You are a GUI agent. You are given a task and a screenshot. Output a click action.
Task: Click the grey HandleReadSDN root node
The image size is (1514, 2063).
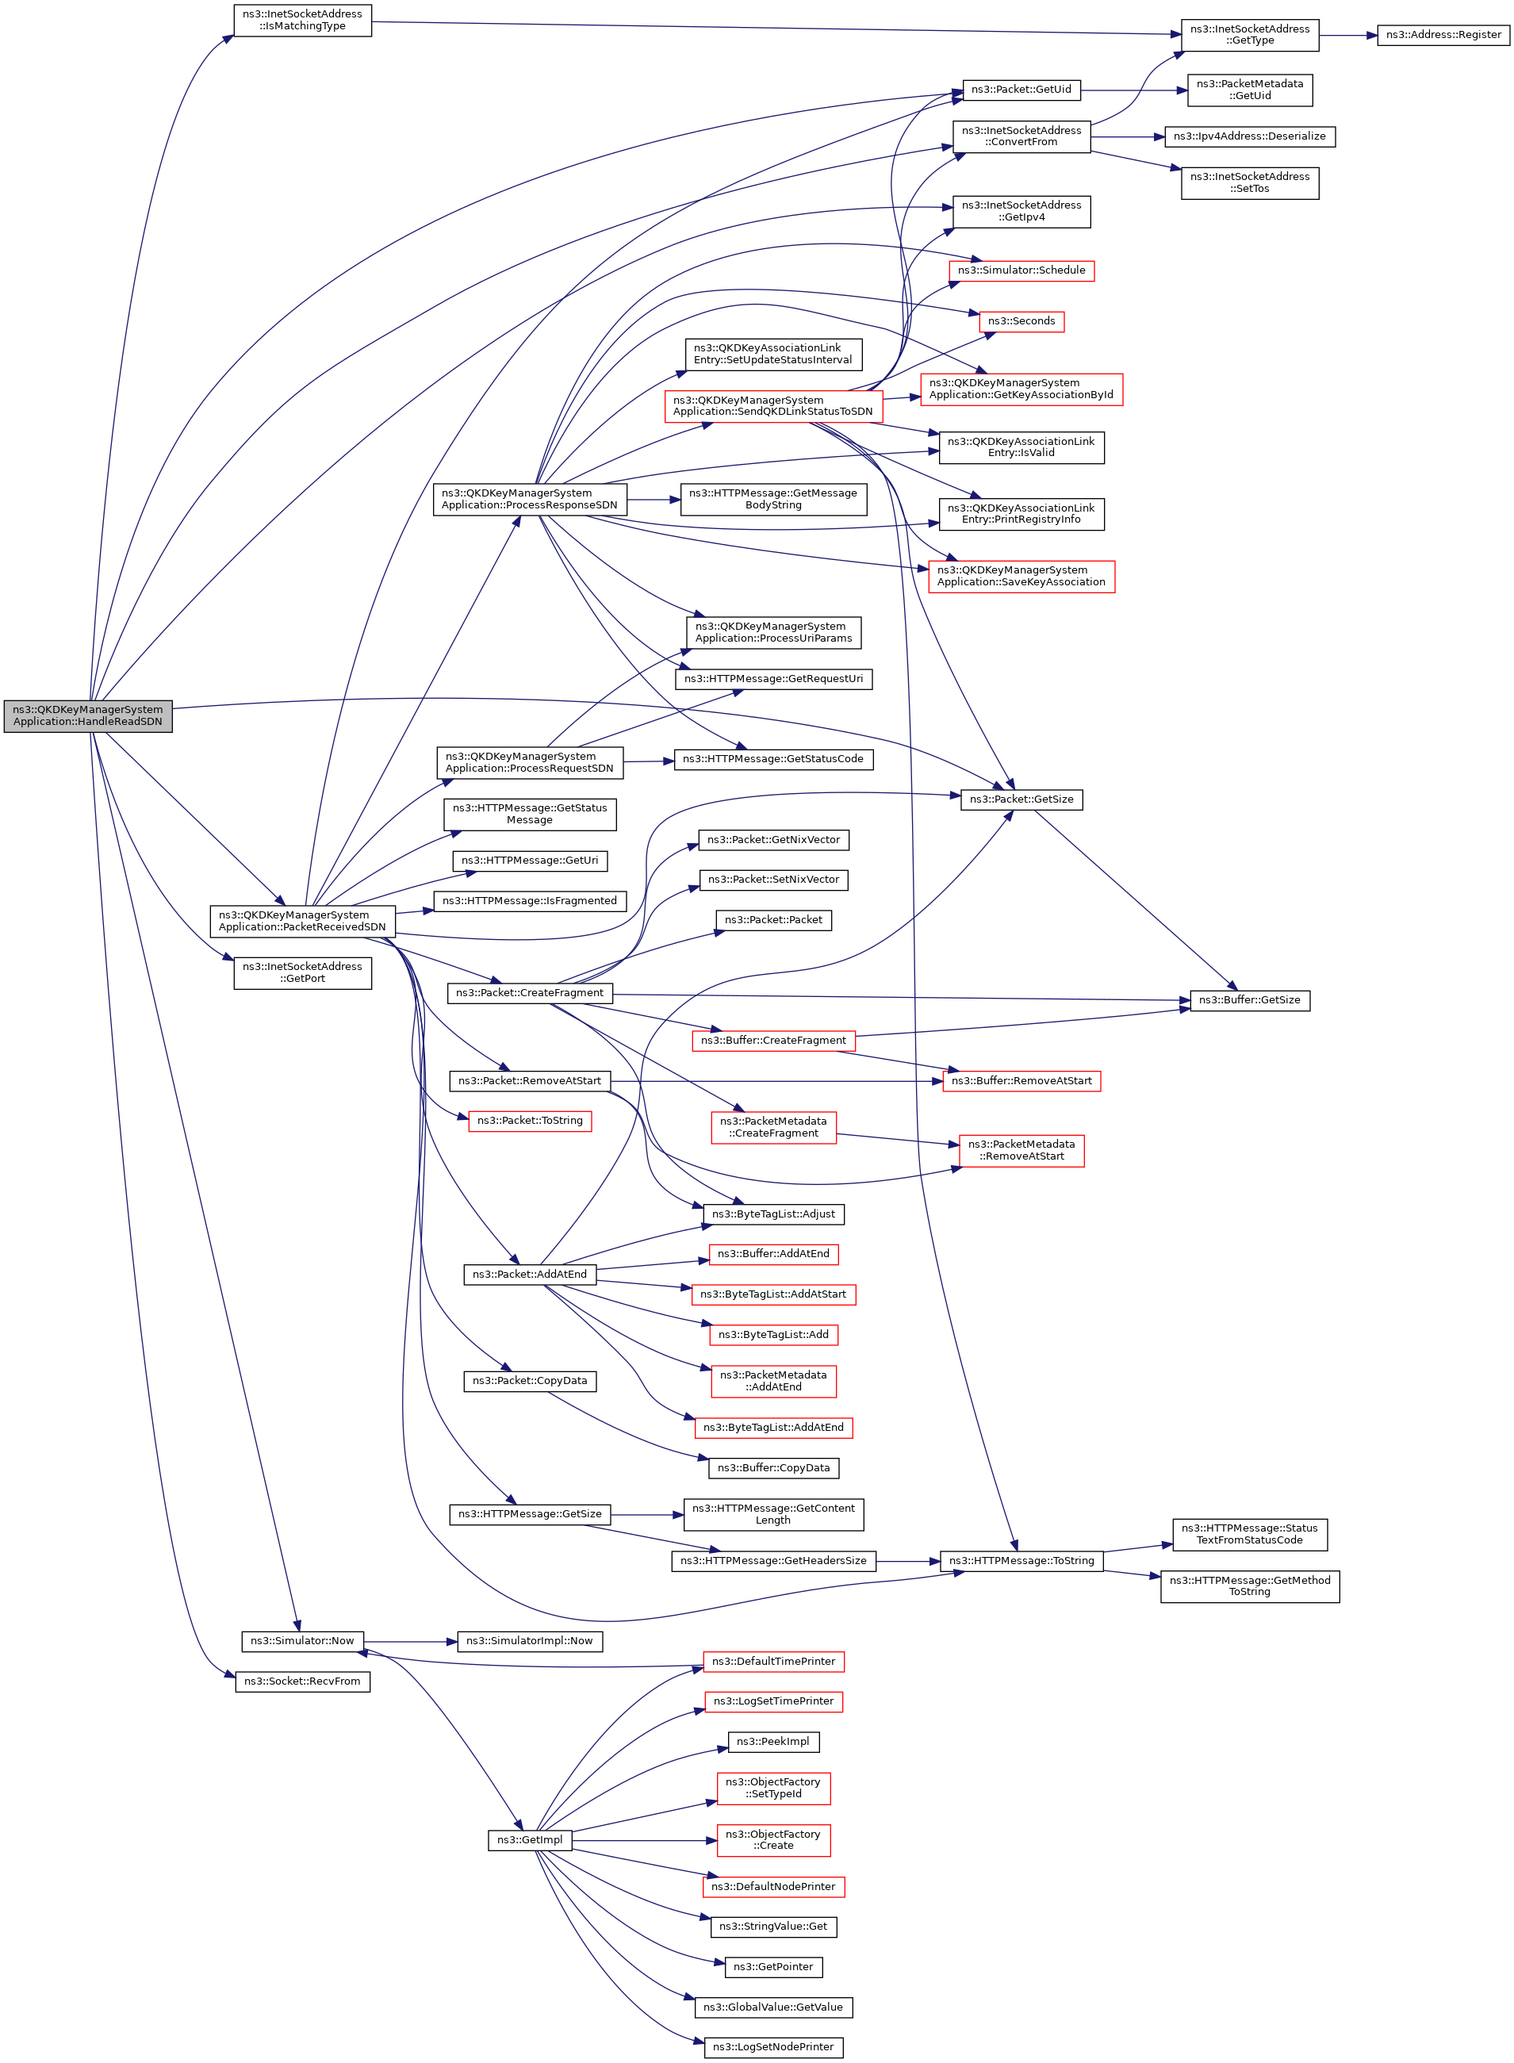[x=88, y=715]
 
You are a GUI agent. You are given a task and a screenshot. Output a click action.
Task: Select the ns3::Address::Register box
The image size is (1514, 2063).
[x=1443, y=35]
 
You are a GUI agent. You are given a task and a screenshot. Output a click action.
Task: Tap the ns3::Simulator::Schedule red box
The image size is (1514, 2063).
[x=1021, y=270]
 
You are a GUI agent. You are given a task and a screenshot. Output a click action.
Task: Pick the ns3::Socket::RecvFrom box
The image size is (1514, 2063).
[x=302, y=1681]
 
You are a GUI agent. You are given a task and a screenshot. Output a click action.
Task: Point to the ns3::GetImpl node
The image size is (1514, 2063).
[x=530, y=1839]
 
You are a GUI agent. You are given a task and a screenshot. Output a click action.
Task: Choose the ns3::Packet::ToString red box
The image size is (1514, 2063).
[x=530, y=1121]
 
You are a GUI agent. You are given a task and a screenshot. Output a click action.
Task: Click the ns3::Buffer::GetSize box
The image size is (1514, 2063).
[x=1249, y=1000]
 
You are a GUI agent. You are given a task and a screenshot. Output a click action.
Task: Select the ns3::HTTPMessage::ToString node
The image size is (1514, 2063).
[x=1021, y=1561]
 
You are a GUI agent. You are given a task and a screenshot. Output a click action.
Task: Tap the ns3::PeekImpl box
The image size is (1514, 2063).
[x=772, y=1741]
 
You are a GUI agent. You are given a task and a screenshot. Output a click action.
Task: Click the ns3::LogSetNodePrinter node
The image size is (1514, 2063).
[x=772, y=2046]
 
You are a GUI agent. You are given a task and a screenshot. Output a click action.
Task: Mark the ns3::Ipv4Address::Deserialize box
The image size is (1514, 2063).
[x=1249, y=136]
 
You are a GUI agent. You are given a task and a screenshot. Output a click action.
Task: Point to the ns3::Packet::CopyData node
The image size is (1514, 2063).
[x=530, y=1380]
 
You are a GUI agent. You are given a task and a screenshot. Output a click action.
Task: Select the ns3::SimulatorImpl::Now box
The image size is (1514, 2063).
[x=530, y=1640]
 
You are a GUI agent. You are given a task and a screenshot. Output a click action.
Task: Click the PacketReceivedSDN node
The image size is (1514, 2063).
[x=302, y=921]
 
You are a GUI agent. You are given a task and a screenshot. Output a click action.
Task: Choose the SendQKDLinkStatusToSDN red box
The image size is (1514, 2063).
[x=772, y=406]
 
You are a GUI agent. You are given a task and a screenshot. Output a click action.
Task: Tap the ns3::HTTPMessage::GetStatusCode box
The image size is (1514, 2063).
[x=772, y=759]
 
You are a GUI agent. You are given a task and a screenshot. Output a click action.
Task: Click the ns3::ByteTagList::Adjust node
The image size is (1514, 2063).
[x=772, y=1214]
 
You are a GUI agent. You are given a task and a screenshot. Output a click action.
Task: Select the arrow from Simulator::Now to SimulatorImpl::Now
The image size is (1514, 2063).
[x=411, y=1641]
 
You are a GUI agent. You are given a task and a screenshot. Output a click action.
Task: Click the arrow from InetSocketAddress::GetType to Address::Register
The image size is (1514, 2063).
[x=1348, y=36]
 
